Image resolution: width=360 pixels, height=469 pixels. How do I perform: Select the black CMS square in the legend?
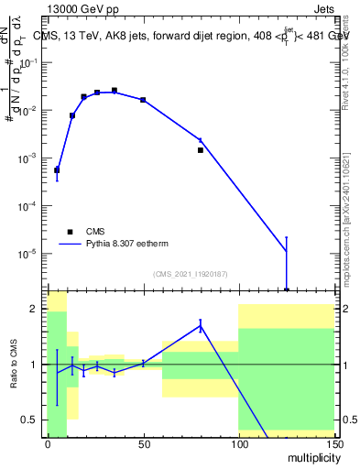pyautogui.click(x=70, y=232)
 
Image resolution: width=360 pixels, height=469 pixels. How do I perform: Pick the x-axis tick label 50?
pyautogui.click(x=143, y=444)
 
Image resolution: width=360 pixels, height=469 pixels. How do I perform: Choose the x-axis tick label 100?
pyautogui.click(x=238, y=444)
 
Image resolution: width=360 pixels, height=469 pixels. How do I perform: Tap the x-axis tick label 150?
pyautogui.click(x=333, y=444)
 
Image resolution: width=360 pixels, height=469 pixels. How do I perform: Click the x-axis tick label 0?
pyautogui.click(x=48, y=444)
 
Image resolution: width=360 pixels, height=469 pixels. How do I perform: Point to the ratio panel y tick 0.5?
pyautogui.click(x=31, y=420)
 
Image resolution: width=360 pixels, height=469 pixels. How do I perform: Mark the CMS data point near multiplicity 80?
pyautogui.click(x=200, y=149)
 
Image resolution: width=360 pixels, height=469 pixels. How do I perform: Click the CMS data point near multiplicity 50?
pyautogui.click(x=143, y=99)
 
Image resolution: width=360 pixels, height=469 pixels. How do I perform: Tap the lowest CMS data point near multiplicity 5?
pyautogui.click(x=57, y=169)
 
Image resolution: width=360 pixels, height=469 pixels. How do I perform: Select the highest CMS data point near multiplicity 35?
pyautogui.click(x=115, y=91)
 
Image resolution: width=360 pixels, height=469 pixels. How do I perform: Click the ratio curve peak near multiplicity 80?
pyautogui.click(x=200, y=324)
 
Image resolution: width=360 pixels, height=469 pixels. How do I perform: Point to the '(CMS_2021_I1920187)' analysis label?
pyautogui.click(x=190, y=274)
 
